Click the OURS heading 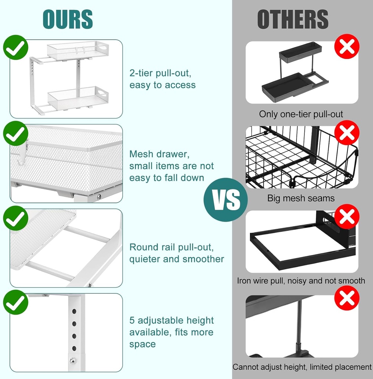(x=67, y=19)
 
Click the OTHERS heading (x=293, y=19)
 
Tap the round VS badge (x=225, y=200)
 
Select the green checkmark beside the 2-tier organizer (x=16, y=47)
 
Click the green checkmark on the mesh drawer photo (x=16, y=133)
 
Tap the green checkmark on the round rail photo (x=16, y=218)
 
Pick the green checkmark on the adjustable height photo (x=16, y=302)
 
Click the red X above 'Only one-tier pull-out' (x=347, y=47)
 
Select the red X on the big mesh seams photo (x=347, y=133)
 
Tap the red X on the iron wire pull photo (x=347, y=217)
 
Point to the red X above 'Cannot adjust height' (x=347, y=298)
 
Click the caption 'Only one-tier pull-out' (x=301, y=114)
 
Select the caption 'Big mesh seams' (x=301, y=198)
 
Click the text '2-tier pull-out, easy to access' (x=162, y=79)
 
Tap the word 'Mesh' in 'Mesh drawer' (x=141, y=154)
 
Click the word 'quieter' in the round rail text (x=145, y=259)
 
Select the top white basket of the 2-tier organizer (x=78, y=50)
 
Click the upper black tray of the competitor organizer (x=300, y=51)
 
